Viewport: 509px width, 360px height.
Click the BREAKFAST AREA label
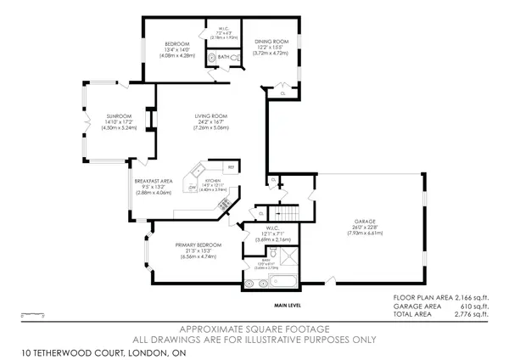[153, 181]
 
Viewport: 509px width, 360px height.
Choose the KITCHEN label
[213, 181]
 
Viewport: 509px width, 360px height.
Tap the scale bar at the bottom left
[32, 315]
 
